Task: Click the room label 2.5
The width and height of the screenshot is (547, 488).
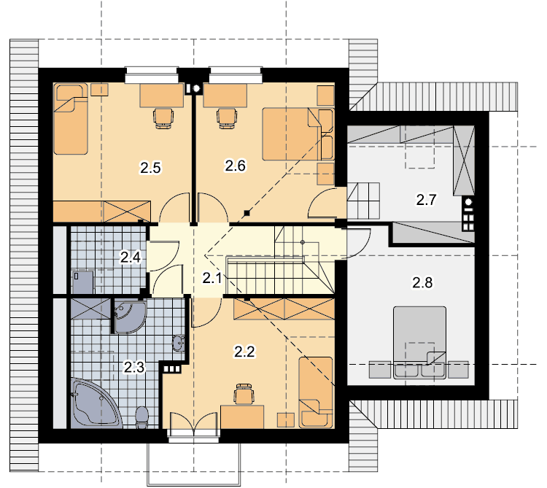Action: [x=150, y=168]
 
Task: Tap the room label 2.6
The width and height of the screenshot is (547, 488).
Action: [x=236, y=166]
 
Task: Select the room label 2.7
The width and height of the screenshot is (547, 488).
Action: [x=426, y=200]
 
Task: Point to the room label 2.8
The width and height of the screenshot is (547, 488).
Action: [x=422, y=282]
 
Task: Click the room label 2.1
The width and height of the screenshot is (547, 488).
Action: [x=212, y=278]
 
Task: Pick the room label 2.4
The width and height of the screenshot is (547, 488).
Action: [x=131, y=257]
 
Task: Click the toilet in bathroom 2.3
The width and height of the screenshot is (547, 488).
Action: [x=142, y=417]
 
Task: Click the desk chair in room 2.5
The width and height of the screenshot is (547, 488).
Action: [x=163, y=119]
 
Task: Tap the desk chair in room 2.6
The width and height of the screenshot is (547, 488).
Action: [x=227, y=118]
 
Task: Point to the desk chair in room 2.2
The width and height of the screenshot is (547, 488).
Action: [x=244, y=394]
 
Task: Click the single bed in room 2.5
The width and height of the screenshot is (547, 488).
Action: [x=71, y=119]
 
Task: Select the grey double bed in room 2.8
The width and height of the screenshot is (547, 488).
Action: [x=419, y=343]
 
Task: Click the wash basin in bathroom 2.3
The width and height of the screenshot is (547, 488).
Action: [x=179, y=343]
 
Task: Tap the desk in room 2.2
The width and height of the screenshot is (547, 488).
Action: [x=242, y=417]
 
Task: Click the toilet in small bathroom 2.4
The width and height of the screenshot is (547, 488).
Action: [x=82, y=282]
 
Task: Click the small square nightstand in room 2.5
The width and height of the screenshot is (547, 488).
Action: [x=99, y=90]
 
